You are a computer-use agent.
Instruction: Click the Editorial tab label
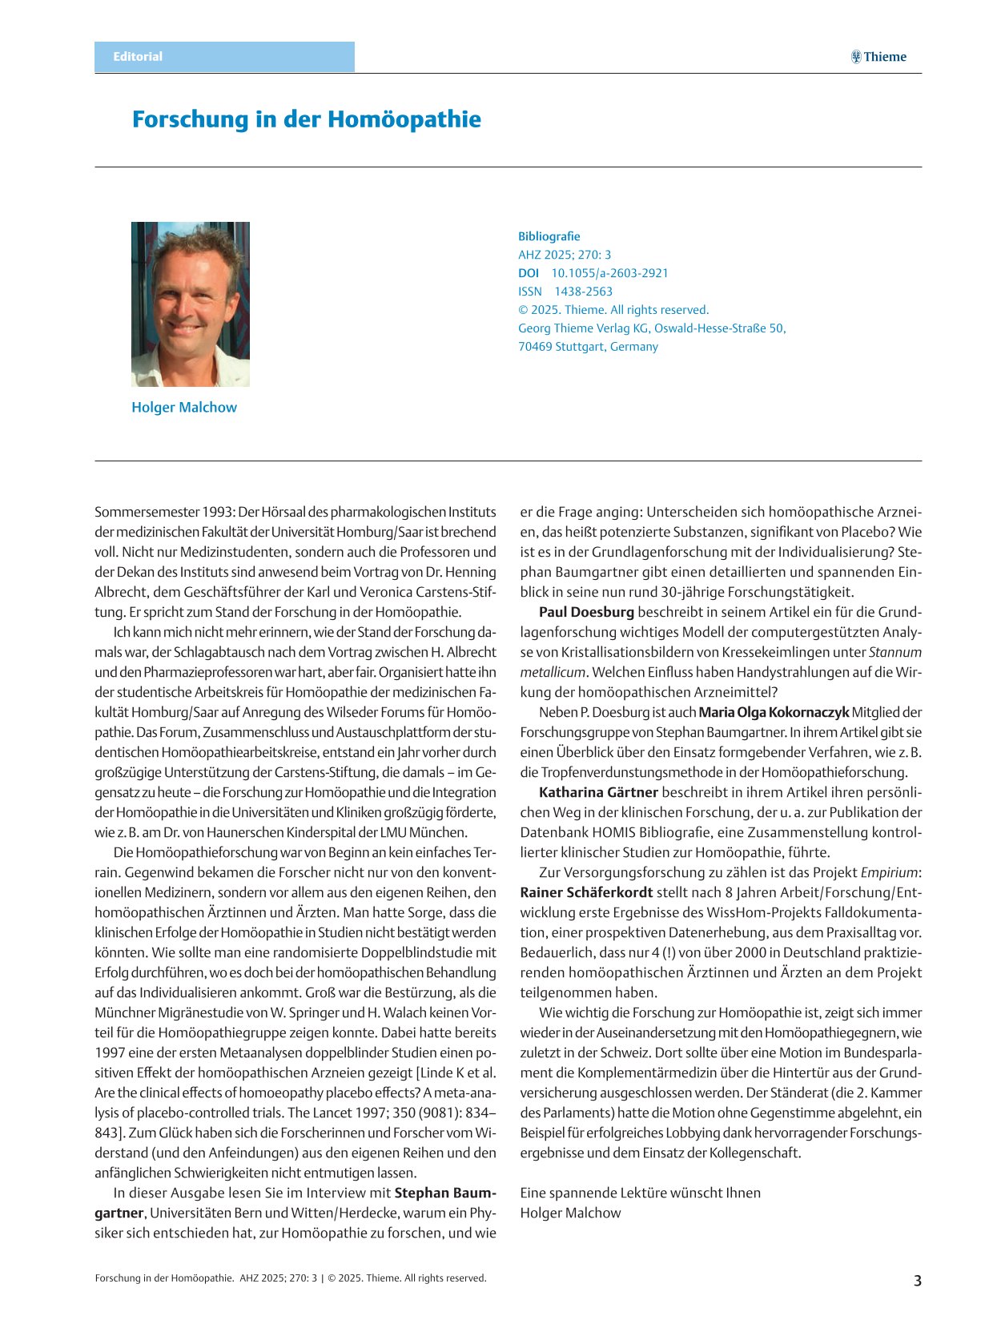click(138, 57)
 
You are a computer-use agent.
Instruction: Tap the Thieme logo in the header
click(878, 57)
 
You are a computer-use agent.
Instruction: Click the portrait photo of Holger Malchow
click(191, 304)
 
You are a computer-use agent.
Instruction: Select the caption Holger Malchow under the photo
click(184, 407)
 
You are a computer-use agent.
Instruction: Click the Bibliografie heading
click(549, 236)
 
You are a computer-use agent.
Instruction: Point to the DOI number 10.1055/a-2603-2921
click(609, 273)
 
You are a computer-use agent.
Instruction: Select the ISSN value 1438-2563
click(583, 292)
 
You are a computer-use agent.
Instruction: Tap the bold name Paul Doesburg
click(586, 612)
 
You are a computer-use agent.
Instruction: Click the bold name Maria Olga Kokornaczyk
click(774, 712)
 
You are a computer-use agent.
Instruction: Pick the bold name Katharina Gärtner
click(598, 792)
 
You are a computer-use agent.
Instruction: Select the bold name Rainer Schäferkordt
click(586, 892)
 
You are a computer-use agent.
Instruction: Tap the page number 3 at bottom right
click(918, 1281)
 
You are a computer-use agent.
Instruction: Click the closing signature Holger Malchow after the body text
click(570, 1213)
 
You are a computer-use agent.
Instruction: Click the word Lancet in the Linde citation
click(332, 1113)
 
